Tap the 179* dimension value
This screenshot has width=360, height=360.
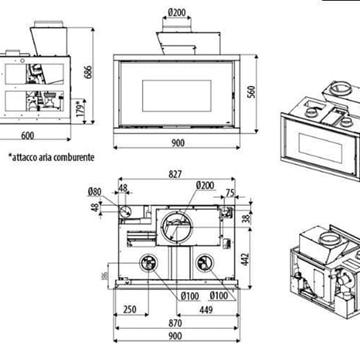coord(78,104)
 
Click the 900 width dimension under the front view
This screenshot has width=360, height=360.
coord(178,142)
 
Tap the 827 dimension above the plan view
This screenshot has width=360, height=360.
coord(176,175)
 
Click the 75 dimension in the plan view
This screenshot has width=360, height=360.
coord(230,193)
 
